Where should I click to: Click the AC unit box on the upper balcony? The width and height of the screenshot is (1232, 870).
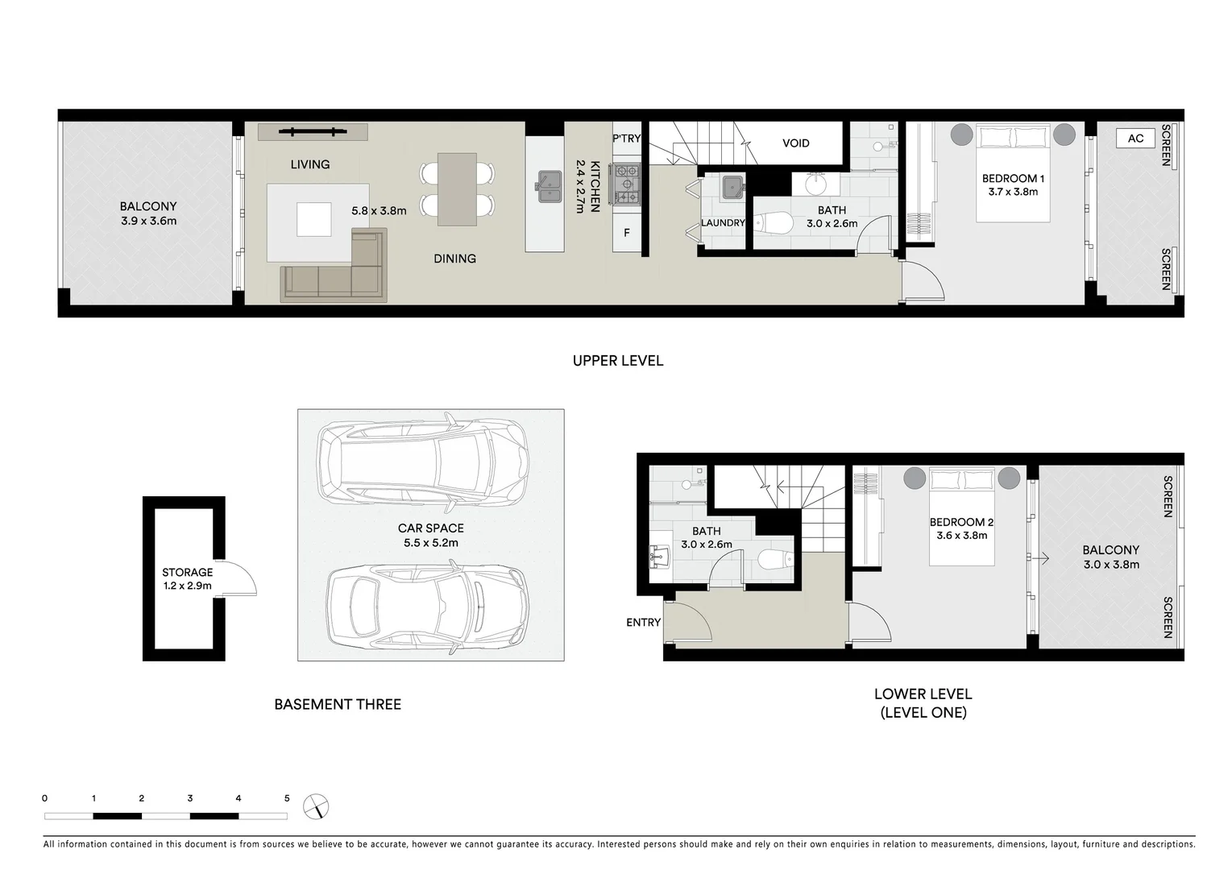coord(1135,139)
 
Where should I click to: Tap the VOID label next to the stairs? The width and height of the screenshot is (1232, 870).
coord(795,143)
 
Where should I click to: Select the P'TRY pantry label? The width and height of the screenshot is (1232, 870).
coord(626,139)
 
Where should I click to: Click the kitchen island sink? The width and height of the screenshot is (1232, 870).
coord(549,187)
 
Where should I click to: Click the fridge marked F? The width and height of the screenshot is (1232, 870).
coord(626,234)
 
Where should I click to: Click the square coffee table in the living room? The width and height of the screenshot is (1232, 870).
coord(313,219)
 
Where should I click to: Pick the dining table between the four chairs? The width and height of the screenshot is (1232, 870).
coord(457,189)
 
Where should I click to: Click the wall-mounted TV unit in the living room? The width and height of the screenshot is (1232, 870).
coord(313,132)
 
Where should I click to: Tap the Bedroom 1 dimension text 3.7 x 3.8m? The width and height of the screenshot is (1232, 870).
coord(1013,193)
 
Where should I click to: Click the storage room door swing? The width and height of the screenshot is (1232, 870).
coord(239,578)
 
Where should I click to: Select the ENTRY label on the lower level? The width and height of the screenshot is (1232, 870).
coord(643,623)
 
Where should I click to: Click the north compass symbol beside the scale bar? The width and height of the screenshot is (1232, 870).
coord(316,806)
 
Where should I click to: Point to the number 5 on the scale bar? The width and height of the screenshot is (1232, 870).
coord(287,799)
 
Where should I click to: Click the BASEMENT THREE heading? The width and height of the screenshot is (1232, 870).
coord(338,705)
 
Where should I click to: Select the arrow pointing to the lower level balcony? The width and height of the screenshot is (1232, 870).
coord(1043,557)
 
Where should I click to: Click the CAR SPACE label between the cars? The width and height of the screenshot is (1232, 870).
coord(430,528)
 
